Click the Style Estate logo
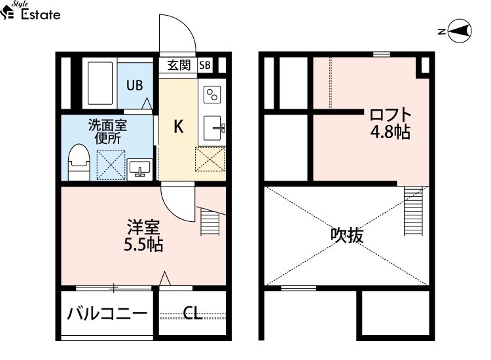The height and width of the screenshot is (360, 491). tap(30, 10)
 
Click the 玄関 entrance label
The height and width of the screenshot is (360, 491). tap(179, 65)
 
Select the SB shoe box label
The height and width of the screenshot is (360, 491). tap(205, 65)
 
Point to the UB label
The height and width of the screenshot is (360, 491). tap(135, 85)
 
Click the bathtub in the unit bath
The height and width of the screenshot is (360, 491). tap(100, 83)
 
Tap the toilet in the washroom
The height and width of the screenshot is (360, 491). tap(79, 162)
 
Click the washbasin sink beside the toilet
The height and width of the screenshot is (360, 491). tap(139, 170)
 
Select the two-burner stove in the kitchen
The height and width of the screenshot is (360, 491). tap(212, 94)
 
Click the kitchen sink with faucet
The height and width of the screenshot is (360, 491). tap(213, 128)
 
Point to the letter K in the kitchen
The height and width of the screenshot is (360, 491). tap(179, 127)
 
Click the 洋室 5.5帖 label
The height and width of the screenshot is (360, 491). tap(143, 236)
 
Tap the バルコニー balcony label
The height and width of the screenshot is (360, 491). tap(107, 314)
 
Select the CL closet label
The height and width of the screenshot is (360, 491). tap(192, 313)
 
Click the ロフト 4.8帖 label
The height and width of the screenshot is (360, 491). tap(390, 123)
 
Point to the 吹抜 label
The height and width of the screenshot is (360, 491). tap(347, 235)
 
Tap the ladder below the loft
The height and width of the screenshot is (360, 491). tap(413, 211)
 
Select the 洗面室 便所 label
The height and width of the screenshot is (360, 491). tap(107, 132)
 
